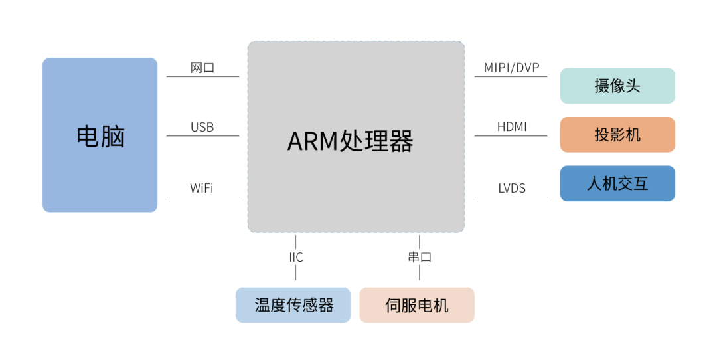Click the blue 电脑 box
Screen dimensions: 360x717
point(100,135)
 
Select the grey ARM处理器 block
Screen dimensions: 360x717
point(356,137)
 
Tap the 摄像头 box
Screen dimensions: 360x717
point(617,86)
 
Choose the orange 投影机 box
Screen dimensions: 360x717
point(617,135)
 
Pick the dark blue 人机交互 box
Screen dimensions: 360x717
point(617,183)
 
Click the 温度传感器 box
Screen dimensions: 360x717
point(293,306)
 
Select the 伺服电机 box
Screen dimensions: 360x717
point(417,306)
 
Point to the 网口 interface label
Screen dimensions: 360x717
point(202,68)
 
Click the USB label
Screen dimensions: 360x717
point(202,127)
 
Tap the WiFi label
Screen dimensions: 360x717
point(202,188)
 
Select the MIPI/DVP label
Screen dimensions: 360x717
point(511,68)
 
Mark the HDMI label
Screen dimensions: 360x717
point(512,127)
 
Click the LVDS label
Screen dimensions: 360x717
point(512,189)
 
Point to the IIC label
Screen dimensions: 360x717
point(295,257)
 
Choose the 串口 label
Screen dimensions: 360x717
point(420,257)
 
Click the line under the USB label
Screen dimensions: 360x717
point(202,136)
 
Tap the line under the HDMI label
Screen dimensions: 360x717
point(511,136)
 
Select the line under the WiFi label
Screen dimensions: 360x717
point(202,197)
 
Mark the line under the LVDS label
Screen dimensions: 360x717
point(511,197)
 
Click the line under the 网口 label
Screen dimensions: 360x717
point(202,76)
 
